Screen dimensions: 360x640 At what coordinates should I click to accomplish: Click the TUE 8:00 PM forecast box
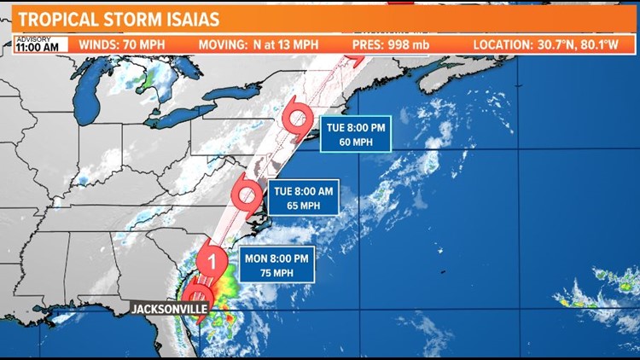pos(356,133)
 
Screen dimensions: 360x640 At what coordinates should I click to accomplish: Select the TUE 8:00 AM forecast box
pos(302,198)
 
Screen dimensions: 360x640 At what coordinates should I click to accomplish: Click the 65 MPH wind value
pos(302,206)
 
